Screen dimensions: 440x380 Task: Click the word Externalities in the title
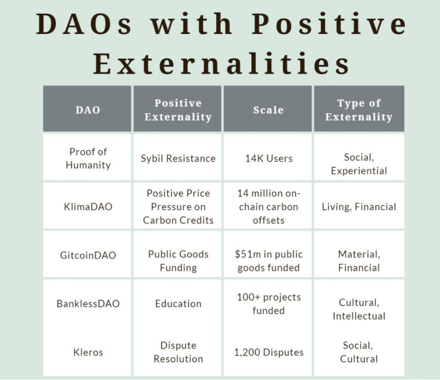click(x=222, y=64)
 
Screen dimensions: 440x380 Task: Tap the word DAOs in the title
click(x=84, y=24)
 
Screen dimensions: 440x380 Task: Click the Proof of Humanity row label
click(x=88, y=158)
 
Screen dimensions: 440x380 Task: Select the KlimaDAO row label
click(x=88, y=207)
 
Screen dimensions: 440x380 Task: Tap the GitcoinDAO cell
click(x=88, y=255)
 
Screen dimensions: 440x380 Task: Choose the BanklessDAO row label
click(x=88, y=304)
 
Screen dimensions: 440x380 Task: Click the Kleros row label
click(x=88, y=352)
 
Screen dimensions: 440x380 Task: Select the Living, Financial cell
click(x=359, y=207)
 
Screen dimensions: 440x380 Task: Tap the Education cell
click(x=178, y=304)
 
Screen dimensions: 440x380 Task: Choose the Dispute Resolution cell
click(x=178, y=352)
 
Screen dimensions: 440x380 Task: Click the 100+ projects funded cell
click(x=268, y=304)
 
